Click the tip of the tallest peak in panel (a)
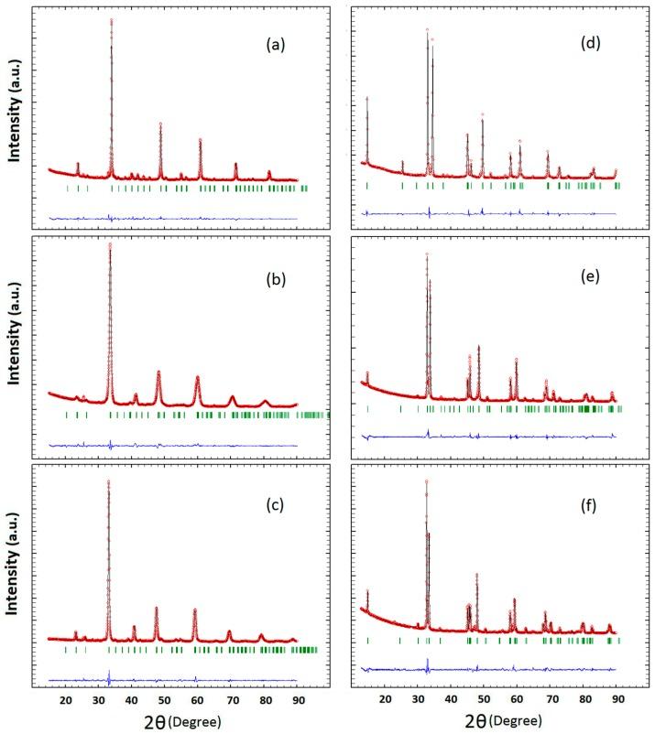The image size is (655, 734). [112, 19]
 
